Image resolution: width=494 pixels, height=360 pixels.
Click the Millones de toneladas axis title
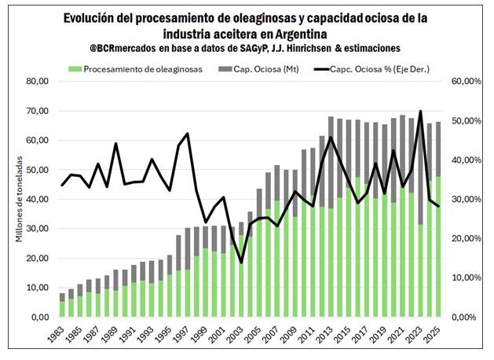coord(19,199)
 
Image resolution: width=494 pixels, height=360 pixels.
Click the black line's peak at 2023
coord(421,112)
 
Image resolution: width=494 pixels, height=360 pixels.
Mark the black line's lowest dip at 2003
coord(241,262)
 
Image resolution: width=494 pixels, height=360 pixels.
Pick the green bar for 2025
coord(438,246)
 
